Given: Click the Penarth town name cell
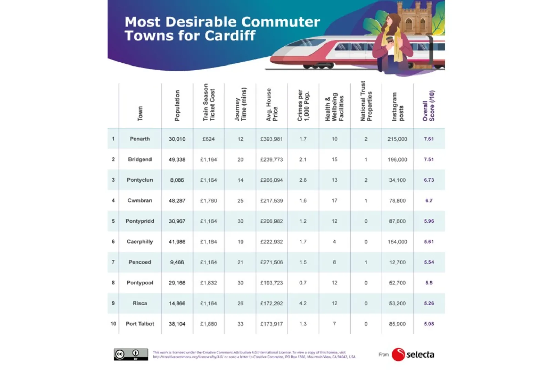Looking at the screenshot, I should (140, 139).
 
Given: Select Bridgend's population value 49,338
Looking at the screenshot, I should (177, 159).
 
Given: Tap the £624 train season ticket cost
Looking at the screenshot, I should (208, 139).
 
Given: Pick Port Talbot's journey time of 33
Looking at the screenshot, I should (240, 324).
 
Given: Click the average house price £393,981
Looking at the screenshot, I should (271, 139).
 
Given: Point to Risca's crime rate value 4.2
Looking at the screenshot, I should (303, 303).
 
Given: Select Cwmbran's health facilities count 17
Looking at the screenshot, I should (334, 200).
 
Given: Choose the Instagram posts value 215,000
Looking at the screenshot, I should (397, 139).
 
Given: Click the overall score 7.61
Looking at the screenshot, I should (429, 139).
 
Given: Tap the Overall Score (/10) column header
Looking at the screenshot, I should (429, 106).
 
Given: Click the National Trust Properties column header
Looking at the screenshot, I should (366, 101).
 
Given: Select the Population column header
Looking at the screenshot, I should (177, 106).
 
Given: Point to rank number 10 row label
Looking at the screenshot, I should (113, 324).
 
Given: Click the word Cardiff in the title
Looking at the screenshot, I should (230, 36).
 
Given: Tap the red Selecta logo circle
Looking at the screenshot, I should (398, 354).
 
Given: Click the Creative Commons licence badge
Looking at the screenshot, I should (131, 354).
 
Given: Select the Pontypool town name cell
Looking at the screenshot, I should (140, 283).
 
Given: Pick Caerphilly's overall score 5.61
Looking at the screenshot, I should (429, 242).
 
